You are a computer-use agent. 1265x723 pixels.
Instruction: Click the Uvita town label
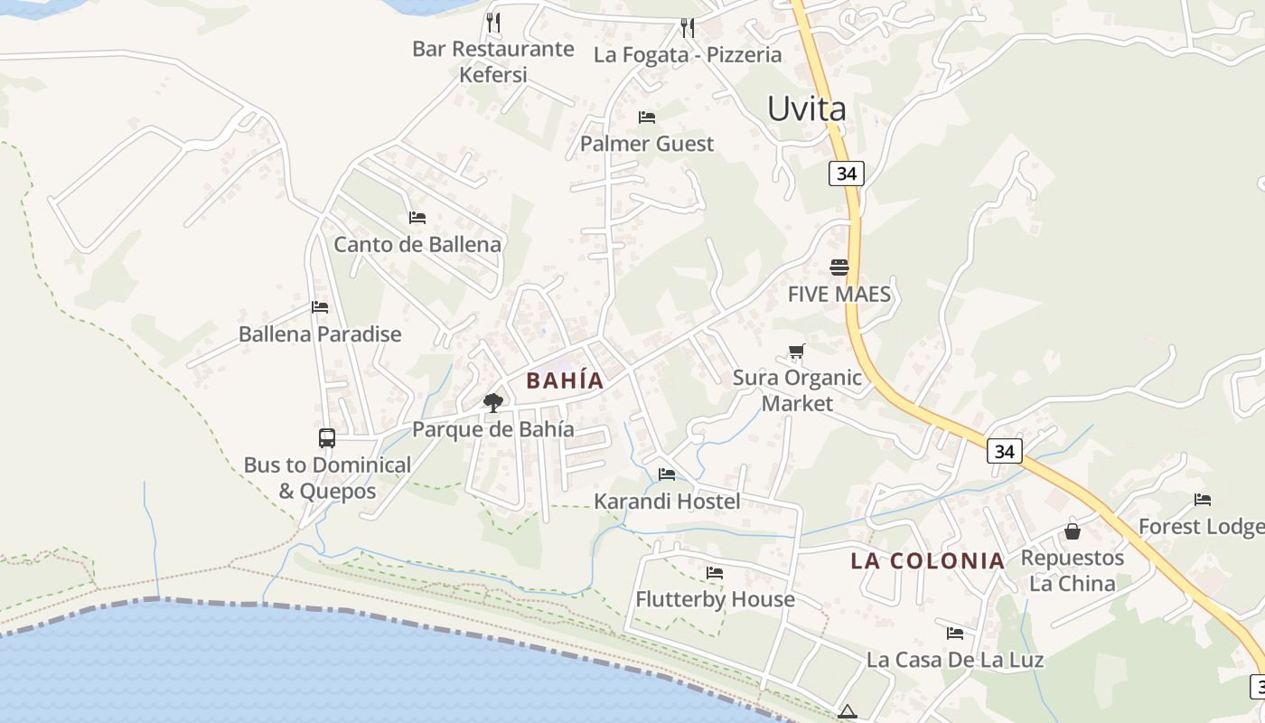(806, 109)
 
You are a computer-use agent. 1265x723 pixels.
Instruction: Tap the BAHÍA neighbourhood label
(565, 380)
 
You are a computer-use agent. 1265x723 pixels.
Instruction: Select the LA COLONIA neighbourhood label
(927, 561)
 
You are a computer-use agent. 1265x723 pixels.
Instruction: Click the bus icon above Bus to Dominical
(327, 438)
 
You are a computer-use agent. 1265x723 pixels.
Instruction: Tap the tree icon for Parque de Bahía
(492, 402)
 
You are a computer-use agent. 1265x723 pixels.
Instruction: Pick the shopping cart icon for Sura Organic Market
(796, 352)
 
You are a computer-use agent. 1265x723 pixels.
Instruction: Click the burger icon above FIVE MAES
(839, 268)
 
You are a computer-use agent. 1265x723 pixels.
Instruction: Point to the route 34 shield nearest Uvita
(846, 173)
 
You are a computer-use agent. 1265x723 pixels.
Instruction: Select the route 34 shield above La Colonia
(1004, 451)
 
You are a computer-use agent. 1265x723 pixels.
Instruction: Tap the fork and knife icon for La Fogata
(688, 28)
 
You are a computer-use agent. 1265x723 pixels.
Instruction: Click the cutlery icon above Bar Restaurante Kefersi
(492, 22)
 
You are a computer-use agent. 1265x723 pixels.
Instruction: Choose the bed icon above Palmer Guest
(647, 117)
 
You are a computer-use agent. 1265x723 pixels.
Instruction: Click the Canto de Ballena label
(417, 244)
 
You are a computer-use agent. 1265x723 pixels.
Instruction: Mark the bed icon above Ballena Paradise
(320, 307)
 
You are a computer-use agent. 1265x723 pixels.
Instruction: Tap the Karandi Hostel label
(667, 502)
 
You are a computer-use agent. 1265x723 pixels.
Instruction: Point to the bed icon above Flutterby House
(715, 573)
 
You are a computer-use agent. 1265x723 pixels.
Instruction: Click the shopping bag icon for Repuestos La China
(1073, 531)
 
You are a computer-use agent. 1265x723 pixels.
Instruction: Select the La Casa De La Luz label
(955, 660)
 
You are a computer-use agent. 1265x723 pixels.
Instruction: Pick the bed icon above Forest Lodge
(1203, 500)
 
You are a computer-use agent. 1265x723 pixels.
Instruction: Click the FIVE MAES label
(839, 295)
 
